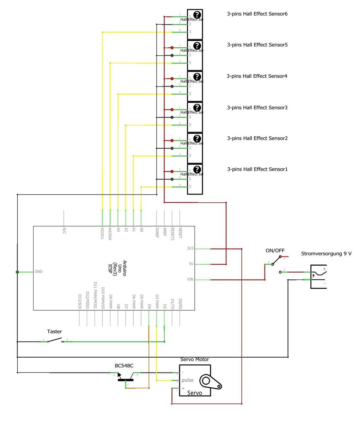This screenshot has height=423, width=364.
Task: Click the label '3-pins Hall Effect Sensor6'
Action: point(257,14)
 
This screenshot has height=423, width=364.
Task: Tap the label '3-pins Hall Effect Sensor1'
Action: point(257,169)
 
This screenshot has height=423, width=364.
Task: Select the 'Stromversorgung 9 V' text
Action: point(326,254)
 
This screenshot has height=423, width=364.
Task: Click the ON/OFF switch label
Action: point(275,251)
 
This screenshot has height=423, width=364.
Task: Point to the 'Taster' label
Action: point(54,332)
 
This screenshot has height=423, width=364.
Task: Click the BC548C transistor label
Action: point(124,366)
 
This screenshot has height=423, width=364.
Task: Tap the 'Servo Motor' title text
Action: point(194,359)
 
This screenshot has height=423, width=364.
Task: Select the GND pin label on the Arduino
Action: point(38,272)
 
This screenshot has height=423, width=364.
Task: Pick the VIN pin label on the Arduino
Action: point(190,279)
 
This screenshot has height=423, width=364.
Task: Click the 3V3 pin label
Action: point(190,249)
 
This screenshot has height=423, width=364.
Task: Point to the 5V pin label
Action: point(191,264)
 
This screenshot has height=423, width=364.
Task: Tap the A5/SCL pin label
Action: point(102,233)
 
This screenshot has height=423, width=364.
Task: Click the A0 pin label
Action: point(141,230)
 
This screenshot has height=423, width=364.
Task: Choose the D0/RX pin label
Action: point(180,304)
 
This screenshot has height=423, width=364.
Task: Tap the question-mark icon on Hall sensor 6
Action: point(197,14)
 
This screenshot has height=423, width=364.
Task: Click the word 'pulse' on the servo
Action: point(187,380)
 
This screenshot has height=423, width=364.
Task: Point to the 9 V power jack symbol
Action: point(318,276)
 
